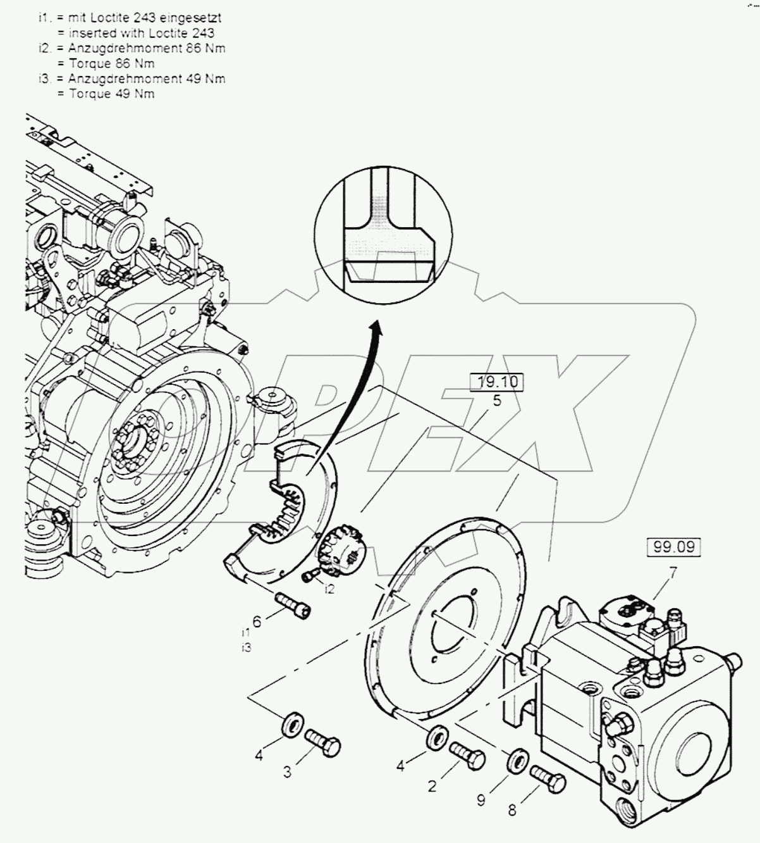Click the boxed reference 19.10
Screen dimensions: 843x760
pyautogui.click(x=497, y=382)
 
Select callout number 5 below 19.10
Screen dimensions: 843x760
pyautogui.click(x=497, y=401)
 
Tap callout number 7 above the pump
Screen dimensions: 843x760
pyautogui.click(x=673, y=573)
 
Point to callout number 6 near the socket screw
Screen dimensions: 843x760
pyautogui.click(x=256, y=622)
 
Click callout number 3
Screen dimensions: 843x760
pyautogui.click(x=287, y=772)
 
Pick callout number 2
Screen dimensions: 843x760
pyautogui.click(x=432, y=787)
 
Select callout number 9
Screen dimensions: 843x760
pyautogui.click(x=481, y=801)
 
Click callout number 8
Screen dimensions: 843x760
pyautogui.click(x=512, y=809)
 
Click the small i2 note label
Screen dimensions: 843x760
pyautogui.click(x=329, y=589)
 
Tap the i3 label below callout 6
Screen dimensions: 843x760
pyautogui.click(x=246, y=648)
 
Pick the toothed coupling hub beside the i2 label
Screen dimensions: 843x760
pyautogui.click(x=341, y=550)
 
